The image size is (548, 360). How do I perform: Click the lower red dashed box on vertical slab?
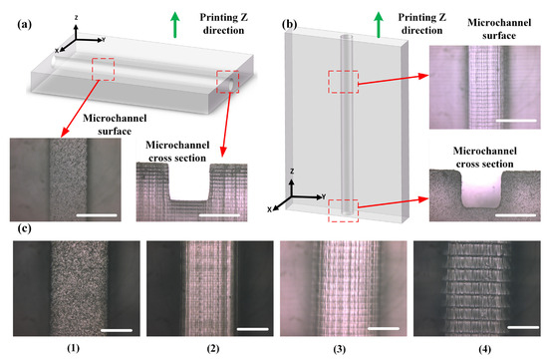[x=343, y=211]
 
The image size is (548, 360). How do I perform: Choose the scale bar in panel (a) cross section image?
[x=218, y=213]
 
